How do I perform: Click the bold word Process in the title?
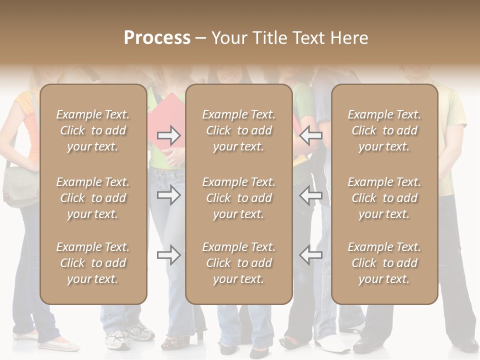tap(157, 37)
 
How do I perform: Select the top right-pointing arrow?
tap(168, 135)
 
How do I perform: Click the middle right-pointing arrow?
tap(168, 195)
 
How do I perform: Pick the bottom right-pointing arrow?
tap(168, 255)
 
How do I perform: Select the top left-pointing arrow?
tap(311, 135)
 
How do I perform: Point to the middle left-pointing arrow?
tap(311, 195)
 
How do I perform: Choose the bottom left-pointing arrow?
tap(311, 255)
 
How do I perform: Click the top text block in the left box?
tap(93, 130)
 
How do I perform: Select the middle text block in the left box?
tap(93, 198)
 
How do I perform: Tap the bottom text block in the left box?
tap(93, 263)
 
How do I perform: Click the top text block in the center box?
tap(238, 130)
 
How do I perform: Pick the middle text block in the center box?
tap(238, 198)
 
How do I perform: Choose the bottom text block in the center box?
tap(238, 263)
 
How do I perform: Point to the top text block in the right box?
tap(384, 130)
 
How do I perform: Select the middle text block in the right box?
tap(384, 198)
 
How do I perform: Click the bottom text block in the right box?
tap(384, 263)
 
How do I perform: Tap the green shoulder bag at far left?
tap(20, 187)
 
